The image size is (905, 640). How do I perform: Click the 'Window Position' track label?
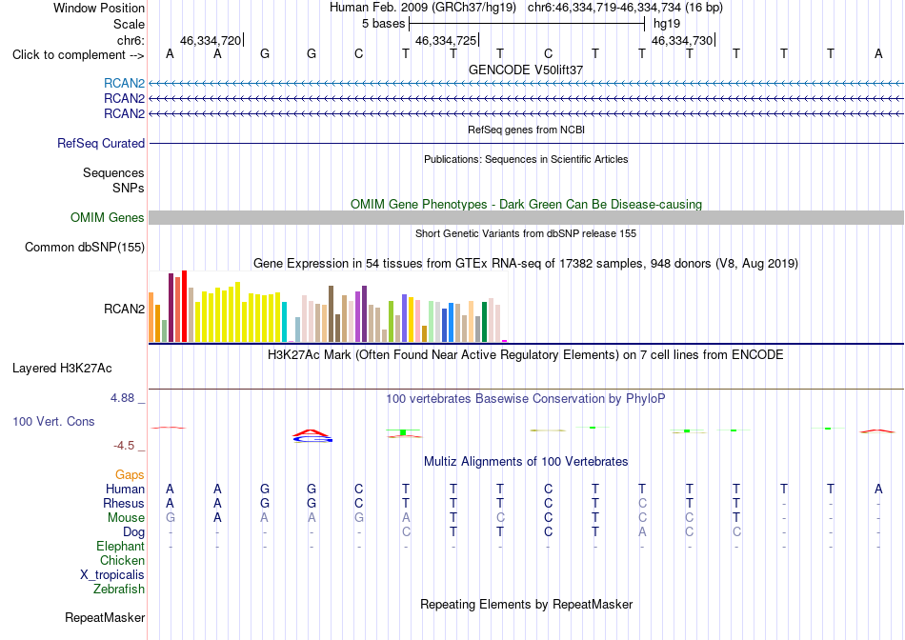[x=99, y=8]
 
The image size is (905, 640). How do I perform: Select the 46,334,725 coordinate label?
[x=446, y=40]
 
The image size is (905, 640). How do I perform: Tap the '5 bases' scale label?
[x=383, y=24]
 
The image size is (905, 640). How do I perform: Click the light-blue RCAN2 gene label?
[x=124, y=83]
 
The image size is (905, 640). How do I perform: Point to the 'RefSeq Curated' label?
[x=101, y=143]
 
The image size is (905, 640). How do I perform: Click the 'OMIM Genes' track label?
[x=108, y=217]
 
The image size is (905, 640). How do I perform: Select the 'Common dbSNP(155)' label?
[x=85, y=247]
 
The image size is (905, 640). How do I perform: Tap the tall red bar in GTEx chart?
[x=184, y=306]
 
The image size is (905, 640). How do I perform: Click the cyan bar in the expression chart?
[x=284, y=322]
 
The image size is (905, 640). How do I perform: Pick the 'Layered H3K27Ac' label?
[x=62, y=369]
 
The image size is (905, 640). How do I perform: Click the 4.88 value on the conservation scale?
[x=122, y=398]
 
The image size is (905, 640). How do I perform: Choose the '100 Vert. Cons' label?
[x=53, y=421]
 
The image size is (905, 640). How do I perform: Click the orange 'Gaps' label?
[x=130, y=474]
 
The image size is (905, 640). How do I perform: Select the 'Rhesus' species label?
[x=124, y=503]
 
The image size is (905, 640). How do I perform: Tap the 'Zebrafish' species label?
[x=119, y=590]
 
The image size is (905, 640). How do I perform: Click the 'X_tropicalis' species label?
[x=112, y=575]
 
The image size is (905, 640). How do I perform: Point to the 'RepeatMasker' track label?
[x=105, y=617]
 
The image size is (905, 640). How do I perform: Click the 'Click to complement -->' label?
[x=78, y=55]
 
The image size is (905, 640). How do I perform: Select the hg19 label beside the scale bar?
[x=667, y=24]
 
